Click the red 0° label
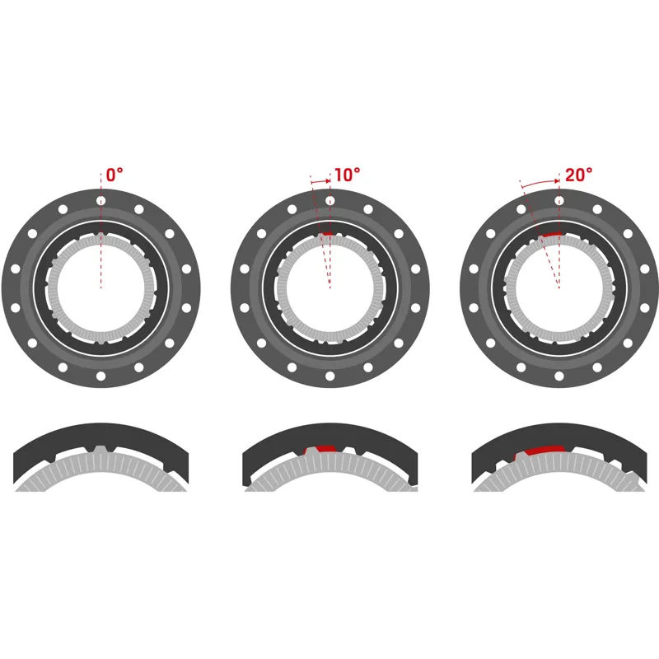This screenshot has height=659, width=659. pos(115,175)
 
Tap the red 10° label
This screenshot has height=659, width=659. pos(346,175)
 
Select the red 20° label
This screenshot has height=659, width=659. pos(579,175)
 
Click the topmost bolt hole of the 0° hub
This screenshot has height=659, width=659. pos(100,200)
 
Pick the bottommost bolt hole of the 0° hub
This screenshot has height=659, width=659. pos(100,376)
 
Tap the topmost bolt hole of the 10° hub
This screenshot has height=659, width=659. pos(329,200)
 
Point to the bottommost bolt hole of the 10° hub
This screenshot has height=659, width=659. pos(329,376)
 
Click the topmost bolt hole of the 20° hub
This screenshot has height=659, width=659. pos(559,200)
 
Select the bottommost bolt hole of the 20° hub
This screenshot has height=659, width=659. pos(559,376)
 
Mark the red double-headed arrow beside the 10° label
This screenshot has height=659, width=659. pos(321,179)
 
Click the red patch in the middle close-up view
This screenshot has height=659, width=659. pos(321,449)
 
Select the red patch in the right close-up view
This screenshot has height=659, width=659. pos(539,450)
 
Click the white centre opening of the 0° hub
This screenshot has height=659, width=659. pos(100,288)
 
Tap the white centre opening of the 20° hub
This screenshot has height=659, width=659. pos(559,288)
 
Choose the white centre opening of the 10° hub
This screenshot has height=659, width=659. pos(329,288)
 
